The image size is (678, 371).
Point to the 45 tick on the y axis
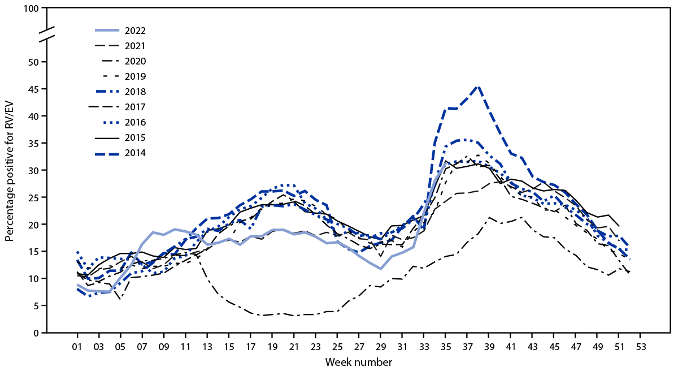34,89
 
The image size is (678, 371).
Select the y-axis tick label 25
34,197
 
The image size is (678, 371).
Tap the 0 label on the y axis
37,333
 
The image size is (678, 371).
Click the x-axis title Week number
359,361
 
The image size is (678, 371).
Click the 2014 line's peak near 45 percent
478,87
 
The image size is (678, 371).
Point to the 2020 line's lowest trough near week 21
294,316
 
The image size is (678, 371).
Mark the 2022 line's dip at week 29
381,269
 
